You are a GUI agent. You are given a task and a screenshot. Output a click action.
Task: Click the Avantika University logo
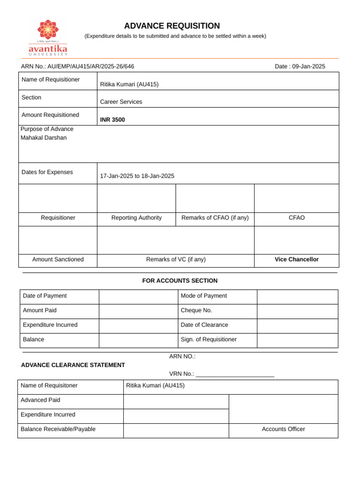(x=47, y=37)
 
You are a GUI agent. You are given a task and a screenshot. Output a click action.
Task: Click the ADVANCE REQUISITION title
(x=172, y=26)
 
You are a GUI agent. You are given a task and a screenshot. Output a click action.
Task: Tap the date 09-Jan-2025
(x=308, y=67)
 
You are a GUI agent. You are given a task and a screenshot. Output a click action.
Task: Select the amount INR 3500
(x=112, y=120)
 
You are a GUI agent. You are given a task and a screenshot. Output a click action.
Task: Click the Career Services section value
(x=121, y=102)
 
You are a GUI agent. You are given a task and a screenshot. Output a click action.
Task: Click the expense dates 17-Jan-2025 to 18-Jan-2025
(x=137, y=176)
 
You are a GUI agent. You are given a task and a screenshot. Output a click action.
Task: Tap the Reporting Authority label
(x=136, y=218)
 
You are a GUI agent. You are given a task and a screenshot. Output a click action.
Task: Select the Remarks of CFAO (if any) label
(x=215, y=218)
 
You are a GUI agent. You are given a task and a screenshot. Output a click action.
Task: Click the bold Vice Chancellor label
(x=296, y=260)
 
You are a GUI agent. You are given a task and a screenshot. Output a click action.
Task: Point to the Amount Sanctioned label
(x=58, y=260)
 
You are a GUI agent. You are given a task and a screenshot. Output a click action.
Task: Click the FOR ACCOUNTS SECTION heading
(x=180, y=281)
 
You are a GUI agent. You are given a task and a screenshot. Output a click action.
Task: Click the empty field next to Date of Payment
(x=138, y=296)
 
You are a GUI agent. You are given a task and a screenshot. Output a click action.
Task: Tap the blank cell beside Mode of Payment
(x=297, y=296)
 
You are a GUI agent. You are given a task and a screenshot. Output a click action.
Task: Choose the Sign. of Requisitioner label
(x=209, y=339)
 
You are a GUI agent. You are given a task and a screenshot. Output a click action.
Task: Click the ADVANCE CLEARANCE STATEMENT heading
(x=73, y=365)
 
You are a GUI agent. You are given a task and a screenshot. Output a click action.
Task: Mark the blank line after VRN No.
(x=235, y=375)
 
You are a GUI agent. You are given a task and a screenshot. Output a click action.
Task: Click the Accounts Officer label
(x=283, y=429)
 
